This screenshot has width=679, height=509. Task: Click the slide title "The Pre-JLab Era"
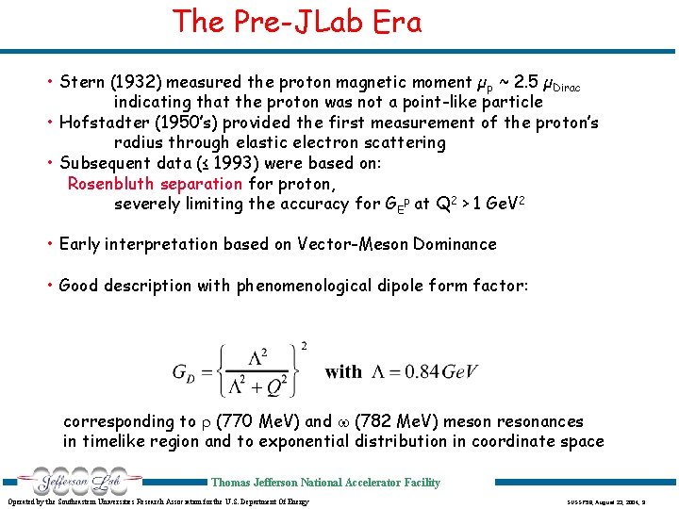[297, 22]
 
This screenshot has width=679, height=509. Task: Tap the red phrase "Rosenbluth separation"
[155, 183]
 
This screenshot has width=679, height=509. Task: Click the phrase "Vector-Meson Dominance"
[397, 244]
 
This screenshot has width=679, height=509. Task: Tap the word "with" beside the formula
[343, 371]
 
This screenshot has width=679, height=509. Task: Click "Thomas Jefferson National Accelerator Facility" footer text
[325, 483]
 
